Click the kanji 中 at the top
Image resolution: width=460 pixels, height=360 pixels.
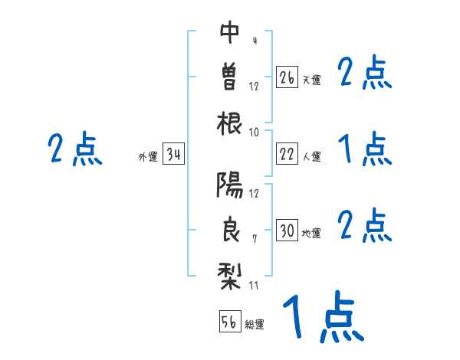(230, 32)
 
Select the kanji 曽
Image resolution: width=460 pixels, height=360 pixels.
(230, 76)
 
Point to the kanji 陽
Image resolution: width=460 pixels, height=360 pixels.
(230, 183)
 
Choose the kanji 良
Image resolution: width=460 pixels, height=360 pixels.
(230, 230)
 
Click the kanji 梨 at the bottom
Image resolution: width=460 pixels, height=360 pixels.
(230, 274)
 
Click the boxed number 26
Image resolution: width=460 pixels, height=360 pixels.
(287, 77)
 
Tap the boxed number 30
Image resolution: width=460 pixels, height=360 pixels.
(287, 231)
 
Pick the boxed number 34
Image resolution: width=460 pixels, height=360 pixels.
(173, 155)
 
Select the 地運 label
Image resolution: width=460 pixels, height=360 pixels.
(311, 233)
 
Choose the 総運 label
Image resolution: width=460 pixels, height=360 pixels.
(255, 324)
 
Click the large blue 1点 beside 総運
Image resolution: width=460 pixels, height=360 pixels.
(322, 316)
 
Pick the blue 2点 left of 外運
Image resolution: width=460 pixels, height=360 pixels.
(75, 149)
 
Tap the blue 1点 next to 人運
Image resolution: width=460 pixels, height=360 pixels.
(365, 148)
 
